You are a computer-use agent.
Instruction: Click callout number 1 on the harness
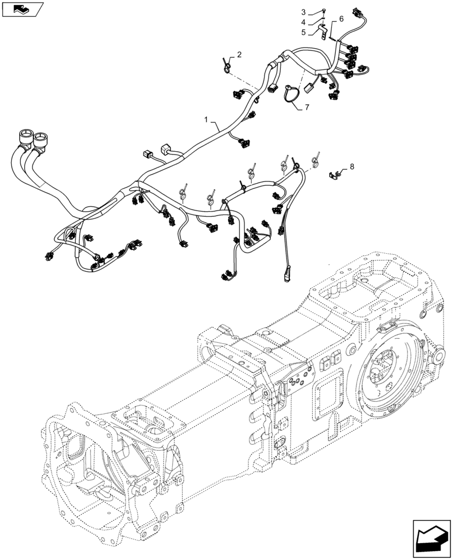(x=207, y=120)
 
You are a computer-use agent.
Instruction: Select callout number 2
(x=239, y=55)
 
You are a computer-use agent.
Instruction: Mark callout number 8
(x=352, y=166)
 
